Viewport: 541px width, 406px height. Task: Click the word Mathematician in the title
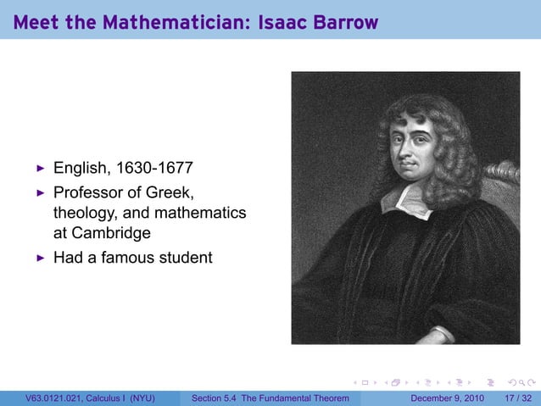175,23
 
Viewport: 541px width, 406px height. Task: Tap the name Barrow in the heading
346,23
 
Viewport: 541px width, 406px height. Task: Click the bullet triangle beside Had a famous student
39,256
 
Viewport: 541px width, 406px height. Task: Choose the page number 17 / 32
516,398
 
